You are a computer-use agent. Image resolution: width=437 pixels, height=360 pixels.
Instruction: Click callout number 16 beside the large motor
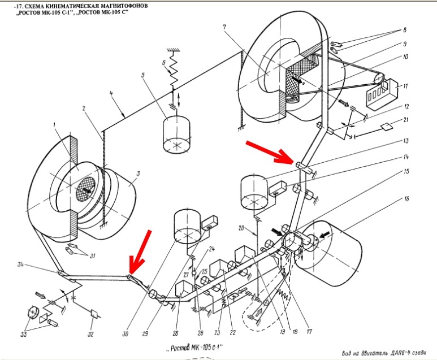406,199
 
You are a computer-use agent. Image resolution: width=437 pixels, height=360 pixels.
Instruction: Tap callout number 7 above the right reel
224,27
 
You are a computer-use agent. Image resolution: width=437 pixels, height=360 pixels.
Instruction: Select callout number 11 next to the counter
405,86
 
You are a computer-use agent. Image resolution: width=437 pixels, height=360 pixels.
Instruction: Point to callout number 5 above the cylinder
143,75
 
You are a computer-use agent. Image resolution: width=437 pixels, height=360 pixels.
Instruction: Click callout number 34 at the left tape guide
20,264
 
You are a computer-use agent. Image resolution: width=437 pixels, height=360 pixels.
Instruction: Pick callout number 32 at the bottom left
90,334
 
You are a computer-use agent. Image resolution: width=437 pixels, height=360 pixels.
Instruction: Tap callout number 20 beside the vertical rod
241,228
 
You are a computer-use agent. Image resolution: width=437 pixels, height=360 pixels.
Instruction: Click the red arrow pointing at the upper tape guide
270,152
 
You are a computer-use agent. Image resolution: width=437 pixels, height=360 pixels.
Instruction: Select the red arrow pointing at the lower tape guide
140,252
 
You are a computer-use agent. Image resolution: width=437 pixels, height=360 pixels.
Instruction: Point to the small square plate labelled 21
386,126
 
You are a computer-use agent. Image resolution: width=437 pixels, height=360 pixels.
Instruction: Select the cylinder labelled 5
177,135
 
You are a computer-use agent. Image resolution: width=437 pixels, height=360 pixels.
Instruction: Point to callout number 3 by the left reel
138,174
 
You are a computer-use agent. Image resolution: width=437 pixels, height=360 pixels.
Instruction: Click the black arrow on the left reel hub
86,190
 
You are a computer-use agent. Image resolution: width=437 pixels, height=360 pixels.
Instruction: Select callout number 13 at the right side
406,141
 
